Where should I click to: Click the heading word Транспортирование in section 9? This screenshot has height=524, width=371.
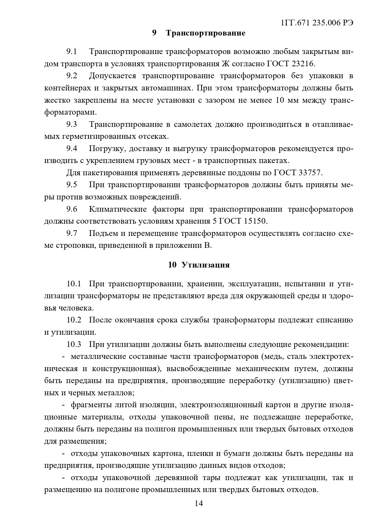205,33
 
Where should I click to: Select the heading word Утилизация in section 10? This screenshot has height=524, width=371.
206,265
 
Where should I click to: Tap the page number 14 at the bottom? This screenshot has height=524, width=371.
199,503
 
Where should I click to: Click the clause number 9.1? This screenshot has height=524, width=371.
72,52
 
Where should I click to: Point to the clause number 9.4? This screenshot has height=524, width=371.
72,148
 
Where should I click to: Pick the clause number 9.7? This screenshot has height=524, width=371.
72,233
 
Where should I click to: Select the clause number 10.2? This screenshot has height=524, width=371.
74,320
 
